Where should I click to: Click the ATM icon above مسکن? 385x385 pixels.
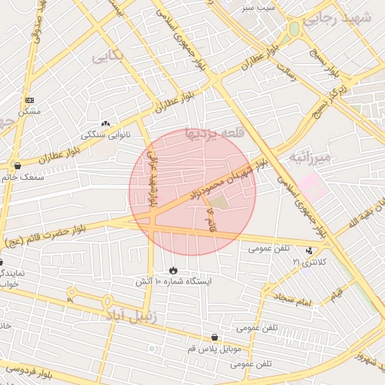pos(29,100)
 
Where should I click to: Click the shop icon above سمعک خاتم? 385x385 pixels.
pos(17,165)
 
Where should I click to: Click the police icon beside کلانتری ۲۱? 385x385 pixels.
pos(308,250)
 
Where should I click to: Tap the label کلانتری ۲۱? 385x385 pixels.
pos(306,262)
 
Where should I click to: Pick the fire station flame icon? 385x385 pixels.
pos(174,270)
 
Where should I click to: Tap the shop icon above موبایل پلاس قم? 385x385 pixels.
pos(216,338)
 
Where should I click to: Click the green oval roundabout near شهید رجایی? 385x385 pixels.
pos(294,29)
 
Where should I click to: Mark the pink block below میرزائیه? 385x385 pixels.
pos(312,186)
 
